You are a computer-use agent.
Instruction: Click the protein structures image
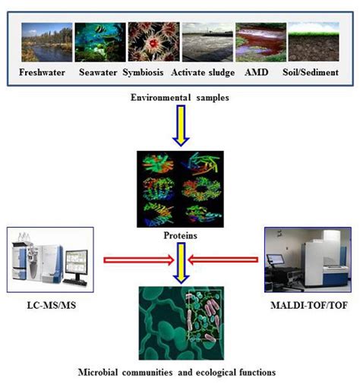click(182, 188)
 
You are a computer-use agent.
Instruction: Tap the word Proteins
click(182, 236)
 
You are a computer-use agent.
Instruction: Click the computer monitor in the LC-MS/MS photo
click(78, 266)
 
